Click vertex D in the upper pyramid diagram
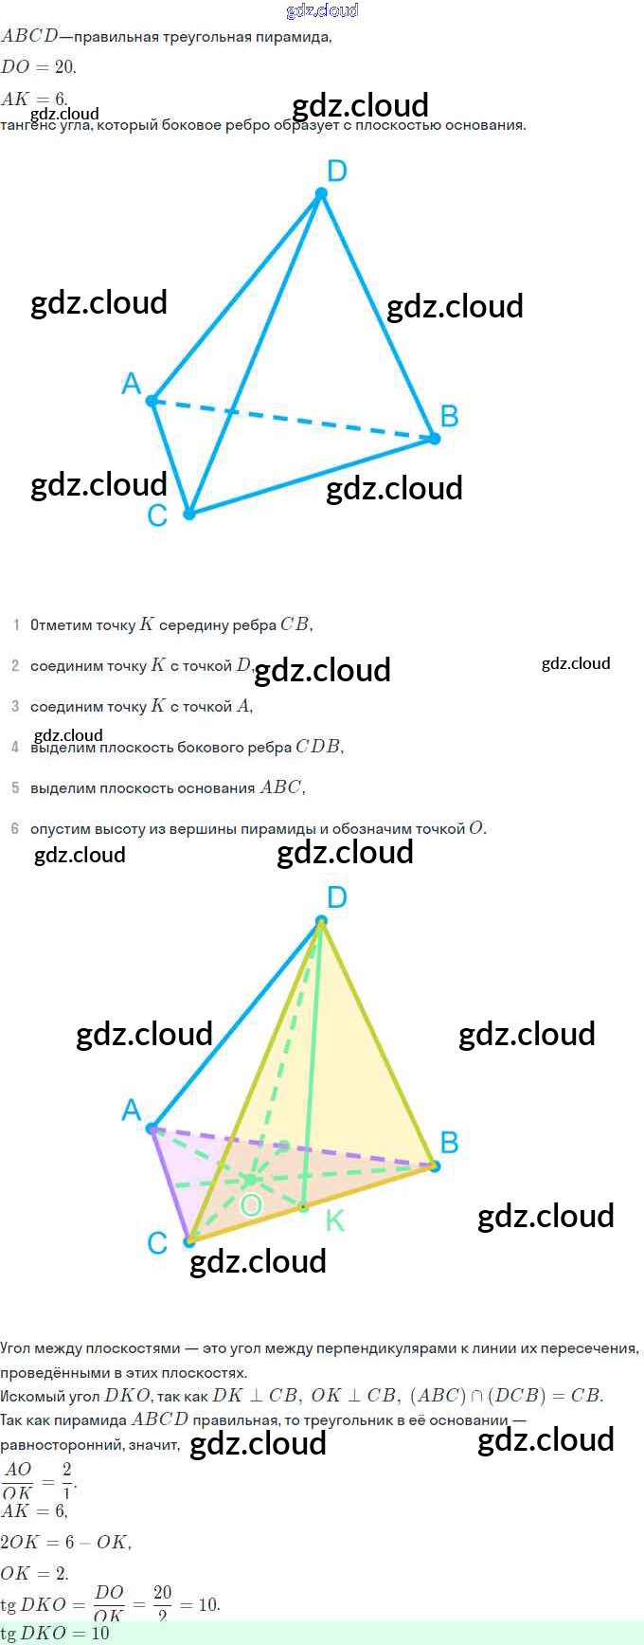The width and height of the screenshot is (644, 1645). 321,193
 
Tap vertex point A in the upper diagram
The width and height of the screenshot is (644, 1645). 152,401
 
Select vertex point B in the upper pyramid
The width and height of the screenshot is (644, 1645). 435,438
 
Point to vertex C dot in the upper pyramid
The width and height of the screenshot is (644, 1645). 189,514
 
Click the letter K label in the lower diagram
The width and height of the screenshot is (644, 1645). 334,1220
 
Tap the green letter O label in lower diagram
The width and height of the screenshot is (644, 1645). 251,1204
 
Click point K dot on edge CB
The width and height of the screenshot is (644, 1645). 303,1207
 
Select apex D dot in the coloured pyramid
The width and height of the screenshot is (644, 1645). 321,920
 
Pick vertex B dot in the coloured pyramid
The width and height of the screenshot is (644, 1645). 435,1166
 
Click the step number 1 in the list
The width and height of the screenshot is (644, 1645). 16,624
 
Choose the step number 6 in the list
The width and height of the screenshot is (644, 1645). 15,828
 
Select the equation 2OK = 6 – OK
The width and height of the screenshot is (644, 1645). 65,1542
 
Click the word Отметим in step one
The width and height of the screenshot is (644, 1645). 62,625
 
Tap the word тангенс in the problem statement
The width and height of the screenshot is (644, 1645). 28,126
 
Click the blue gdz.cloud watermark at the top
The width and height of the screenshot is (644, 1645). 322,10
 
